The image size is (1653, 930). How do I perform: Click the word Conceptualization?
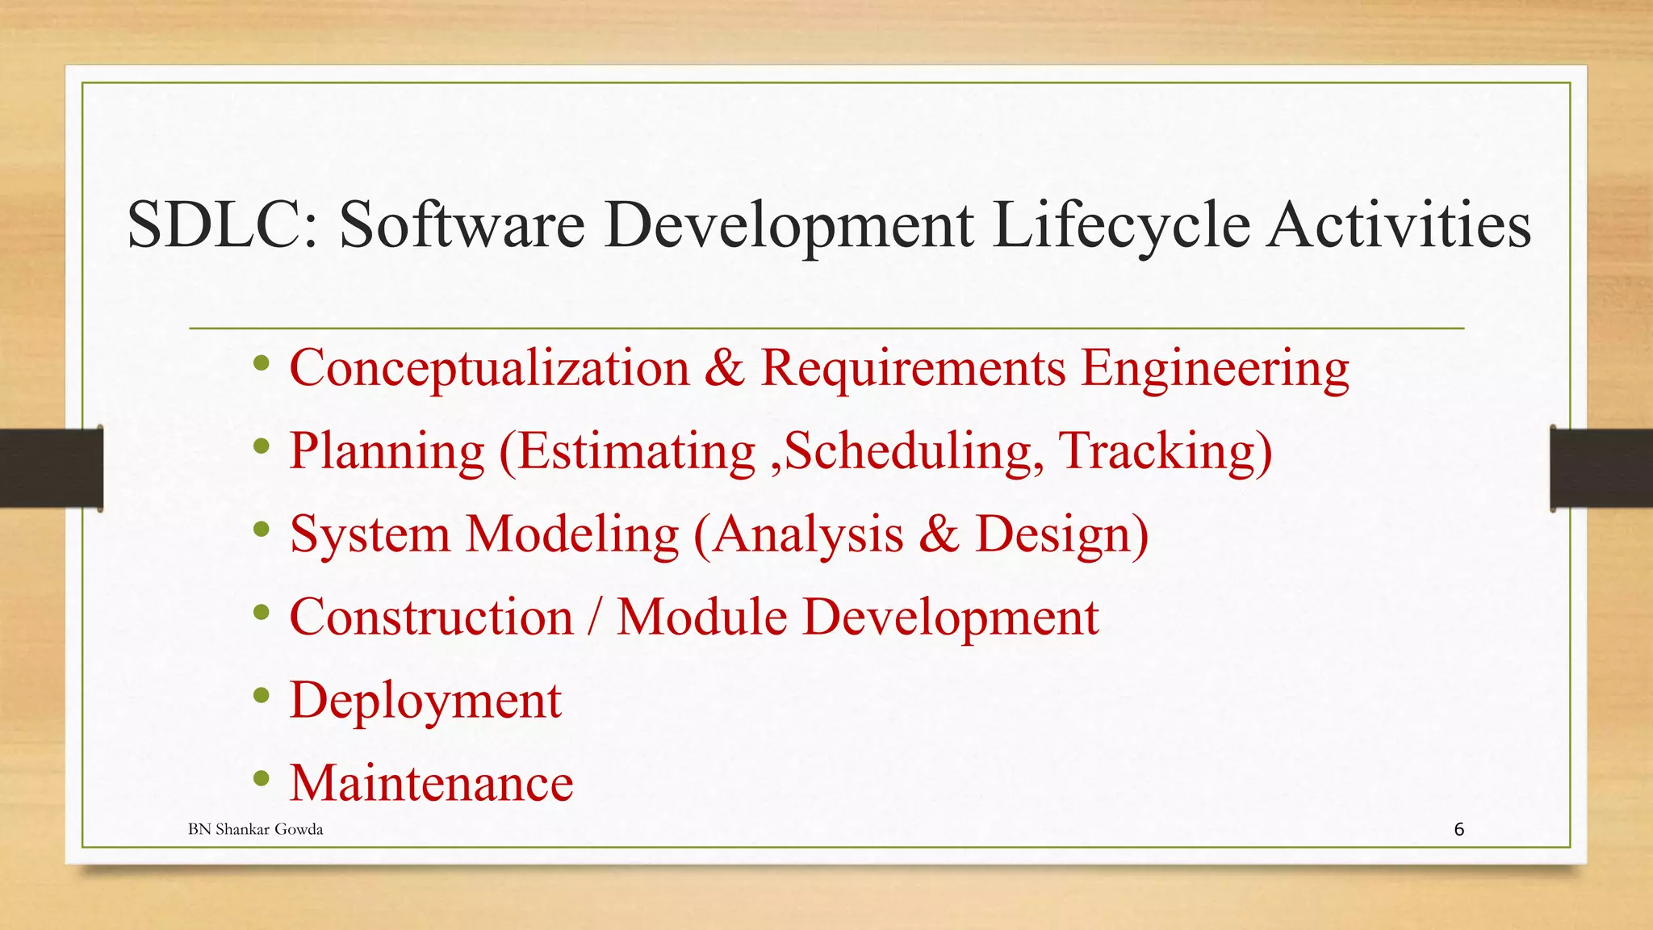click(x=489, y=368)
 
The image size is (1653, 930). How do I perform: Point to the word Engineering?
click(x=1215, y=368)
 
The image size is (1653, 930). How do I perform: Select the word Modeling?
click(x=573, y=534)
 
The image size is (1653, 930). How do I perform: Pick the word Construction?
click(x=431, y=618)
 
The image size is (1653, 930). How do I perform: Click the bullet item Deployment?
click(x=425, y=700)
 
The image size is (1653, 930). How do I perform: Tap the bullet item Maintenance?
click(x=431, y=783)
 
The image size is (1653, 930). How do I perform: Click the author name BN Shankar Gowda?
click(x=255, y=829)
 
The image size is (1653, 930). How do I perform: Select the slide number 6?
click(x=1458, y=829)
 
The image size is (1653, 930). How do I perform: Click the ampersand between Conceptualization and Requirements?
click(x=724, y=368)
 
